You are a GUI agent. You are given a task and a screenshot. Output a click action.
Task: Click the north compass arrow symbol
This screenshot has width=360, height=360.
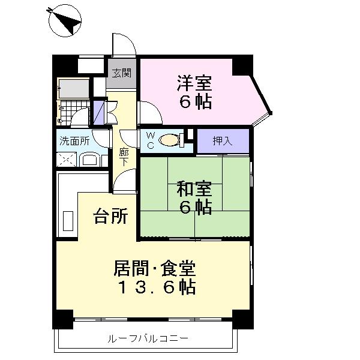click(67, 22)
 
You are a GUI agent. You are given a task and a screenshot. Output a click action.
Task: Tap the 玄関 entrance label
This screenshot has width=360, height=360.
click(122, 73)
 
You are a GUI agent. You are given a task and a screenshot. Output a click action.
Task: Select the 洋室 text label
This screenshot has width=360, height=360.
click(194, 81)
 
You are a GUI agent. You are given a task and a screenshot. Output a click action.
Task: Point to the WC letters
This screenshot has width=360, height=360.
click(150, 140)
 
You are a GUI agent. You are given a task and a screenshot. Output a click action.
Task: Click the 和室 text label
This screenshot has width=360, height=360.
click(194, 189)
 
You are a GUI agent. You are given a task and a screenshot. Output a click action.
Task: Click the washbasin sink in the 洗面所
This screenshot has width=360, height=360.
click(91, 160)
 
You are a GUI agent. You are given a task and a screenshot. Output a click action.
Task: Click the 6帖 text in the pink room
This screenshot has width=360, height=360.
click(194, 102)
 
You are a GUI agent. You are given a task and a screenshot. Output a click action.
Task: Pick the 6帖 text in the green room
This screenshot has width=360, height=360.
click(194, 209)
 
